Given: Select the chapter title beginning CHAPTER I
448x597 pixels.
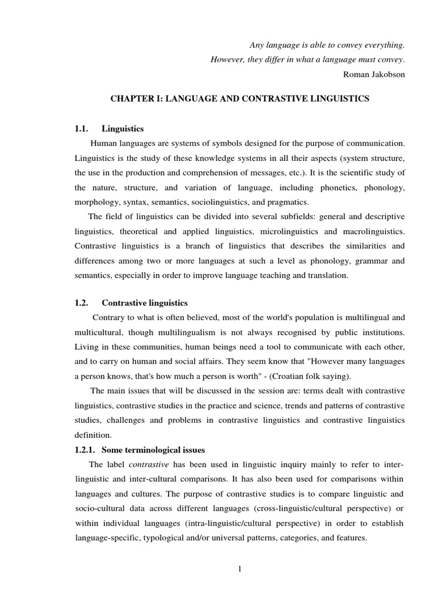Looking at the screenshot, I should pos(240,99).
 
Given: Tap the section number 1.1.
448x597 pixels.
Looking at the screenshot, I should pos(80,128).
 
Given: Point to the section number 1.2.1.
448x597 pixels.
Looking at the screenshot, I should pos(84,449).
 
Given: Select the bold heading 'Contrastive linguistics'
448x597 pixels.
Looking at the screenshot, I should pos(145,303).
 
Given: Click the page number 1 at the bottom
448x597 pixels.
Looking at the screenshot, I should pos(239,570).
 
